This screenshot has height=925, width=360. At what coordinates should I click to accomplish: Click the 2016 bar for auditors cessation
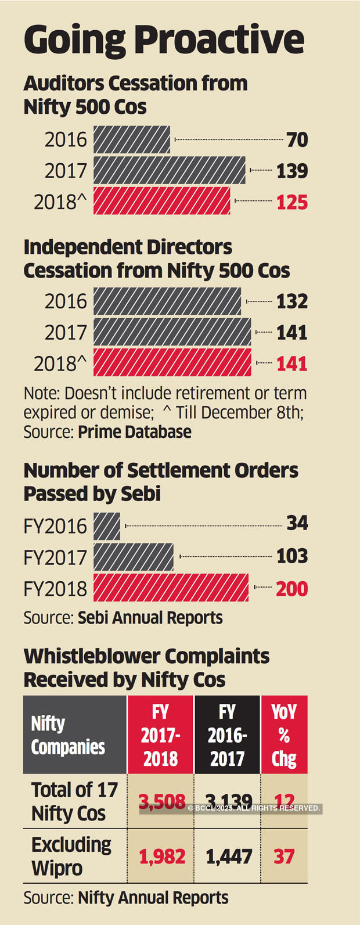tap(131, 140)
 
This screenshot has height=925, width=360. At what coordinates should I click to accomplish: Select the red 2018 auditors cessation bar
tap(161, 201)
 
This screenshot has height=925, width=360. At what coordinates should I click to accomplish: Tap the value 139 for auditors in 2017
tap(292, 171)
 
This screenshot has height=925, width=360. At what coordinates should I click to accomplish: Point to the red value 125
tap(292, 202)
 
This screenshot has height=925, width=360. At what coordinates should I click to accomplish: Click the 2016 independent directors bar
tap(167, 301)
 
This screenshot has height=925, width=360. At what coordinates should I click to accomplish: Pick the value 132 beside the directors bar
tap(292, 301)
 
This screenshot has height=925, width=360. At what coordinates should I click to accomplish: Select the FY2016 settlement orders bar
tap(107, 526)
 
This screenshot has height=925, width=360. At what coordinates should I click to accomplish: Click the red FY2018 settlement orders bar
tap(171, 588)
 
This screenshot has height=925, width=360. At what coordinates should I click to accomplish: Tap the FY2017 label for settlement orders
tap(55, 557)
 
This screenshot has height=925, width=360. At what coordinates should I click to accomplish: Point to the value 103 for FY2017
tap(292, 556)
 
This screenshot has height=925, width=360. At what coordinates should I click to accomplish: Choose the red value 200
tap(292, 589)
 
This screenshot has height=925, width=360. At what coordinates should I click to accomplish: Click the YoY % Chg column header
tap(284, 735)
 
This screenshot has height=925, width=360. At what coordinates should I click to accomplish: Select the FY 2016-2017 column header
tap(227, 735)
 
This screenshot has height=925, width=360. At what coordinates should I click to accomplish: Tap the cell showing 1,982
tap(162, 856)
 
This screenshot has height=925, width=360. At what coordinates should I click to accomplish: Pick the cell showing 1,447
tap(229, 856)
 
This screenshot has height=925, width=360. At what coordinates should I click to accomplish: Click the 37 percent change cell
tap(284, 856)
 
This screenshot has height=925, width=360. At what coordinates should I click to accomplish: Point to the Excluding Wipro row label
tap(71, 856)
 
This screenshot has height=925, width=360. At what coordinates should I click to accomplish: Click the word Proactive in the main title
tap(219, 39)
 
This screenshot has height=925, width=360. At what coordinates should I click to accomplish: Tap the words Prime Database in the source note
tap(135, 432)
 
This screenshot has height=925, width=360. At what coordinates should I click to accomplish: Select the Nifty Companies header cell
tap(74, 735)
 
